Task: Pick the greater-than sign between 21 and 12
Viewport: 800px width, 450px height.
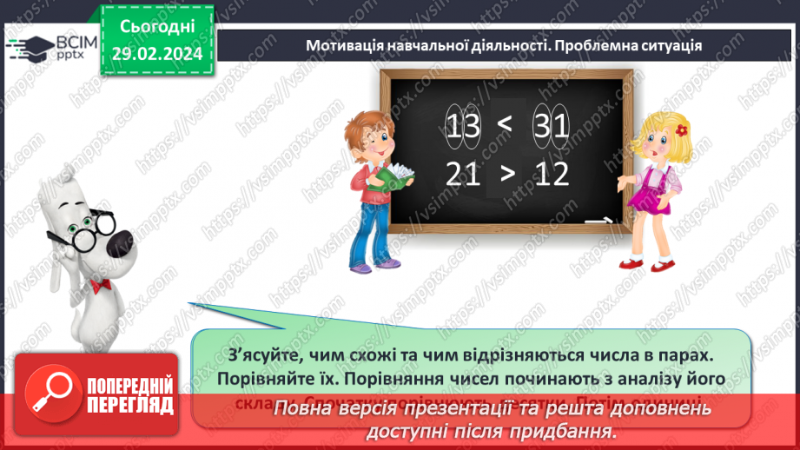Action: pos(507,175)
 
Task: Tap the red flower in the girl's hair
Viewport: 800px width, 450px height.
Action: pos(682,131)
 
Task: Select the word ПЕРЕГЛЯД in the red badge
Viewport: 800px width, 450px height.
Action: pos(130,404)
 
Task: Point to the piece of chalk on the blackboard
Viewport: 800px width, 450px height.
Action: pos(596,222)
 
